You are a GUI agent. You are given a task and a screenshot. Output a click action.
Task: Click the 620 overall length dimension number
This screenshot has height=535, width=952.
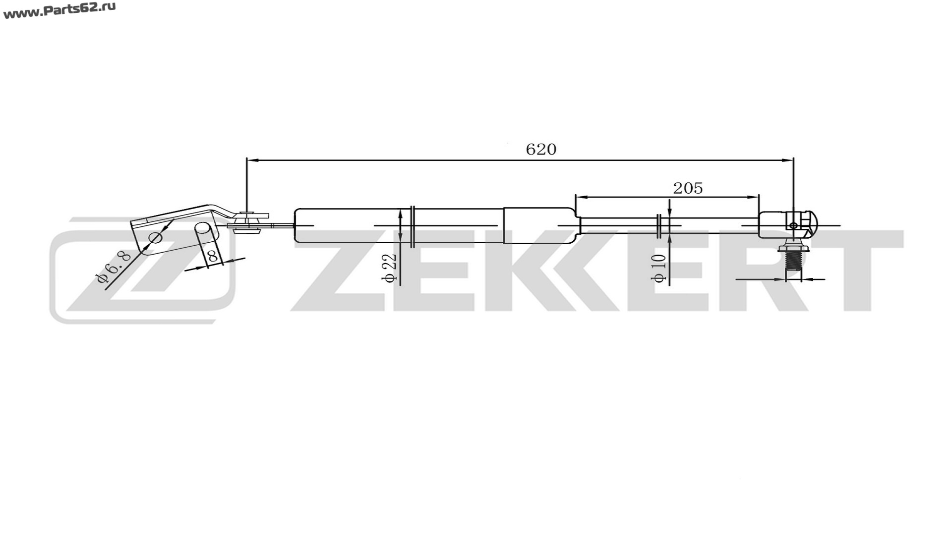pos(541,149)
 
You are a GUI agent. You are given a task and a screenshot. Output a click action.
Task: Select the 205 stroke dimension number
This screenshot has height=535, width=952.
pos(688,188)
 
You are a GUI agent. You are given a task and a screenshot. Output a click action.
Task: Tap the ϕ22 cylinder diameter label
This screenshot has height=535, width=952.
pos(390,268)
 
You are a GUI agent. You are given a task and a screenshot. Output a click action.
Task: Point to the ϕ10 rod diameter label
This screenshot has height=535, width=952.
pos(659,268)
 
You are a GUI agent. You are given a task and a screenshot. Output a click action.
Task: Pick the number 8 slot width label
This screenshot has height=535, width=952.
pos(213,257)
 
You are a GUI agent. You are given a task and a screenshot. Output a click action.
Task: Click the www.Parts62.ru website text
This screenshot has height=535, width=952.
pos(59,10)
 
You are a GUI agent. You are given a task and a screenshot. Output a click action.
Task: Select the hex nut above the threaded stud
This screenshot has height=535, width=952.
pos(793,246)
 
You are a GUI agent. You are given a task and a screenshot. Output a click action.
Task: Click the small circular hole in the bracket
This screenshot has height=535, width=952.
pos(155,238)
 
